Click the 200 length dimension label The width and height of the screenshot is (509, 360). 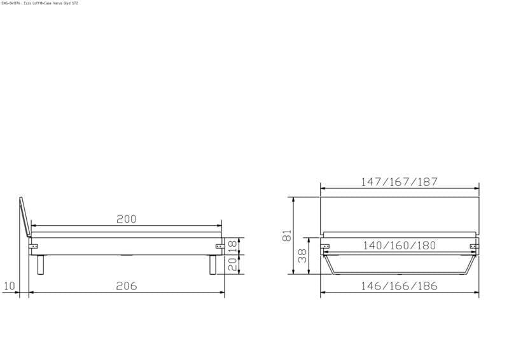tap(126, 219)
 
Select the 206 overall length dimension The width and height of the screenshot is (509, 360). tap(127, 286)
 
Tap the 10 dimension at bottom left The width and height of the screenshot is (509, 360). tap(8, 286)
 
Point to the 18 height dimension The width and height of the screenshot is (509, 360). tap(233, 245)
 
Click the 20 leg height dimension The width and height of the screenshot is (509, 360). tap(233, 264)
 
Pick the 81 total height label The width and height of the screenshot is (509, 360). tap(287, 235)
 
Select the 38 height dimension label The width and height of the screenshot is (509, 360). tap(303, 256)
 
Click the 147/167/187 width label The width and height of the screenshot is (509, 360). tap(399, 182)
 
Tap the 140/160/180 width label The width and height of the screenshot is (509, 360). tap(399, 246)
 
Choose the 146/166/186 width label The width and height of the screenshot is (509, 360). tap(399, 286)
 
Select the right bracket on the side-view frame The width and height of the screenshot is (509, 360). tap(218, 246)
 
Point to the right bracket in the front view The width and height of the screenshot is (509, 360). tap(473, 246)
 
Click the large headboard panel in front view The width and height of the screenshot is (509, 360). tap(399, 213)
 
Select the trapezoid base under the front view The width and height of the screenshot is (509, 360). tap(399, 266)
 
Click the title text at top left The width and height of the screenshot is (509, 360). tap(39, 3)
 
